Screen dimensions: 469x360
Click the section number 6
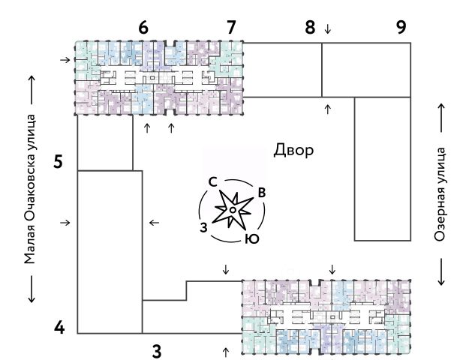pyautogui.click(x=143, y=28)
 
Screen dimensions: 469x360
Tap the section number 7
pyautogui.click(x=231, y=28)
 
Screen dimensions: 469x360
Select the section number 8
pyautogui.click(x=310, y=28)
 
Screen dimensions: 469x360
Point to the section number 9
pyautogui.click(x=401, y=28)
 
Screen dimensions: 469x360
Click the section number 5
pyautogui.click(x=58, y=161)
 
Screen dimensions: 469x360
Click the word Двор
pyautogui.click(x=293, y=150)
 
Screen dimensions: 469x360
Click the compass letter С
pyautogui.click(x=213, y=181)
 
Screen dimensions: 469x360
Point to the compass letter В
pyautogui.click(x=261, y=193)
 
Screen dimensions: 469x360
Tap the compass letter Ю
pyautogui.click(x=253, y=239)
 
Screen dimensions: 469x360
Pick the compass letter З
pyautogui.click(x=203, y=226)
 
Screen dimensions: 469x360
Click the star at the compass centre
pyautogui.click(x=233, y=211)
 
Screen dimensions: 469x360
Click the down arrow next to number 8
pyautogui.click(x=327, y=29)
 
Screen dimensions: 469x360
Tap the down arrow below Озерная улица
pyautogui.click(x=441, y=271)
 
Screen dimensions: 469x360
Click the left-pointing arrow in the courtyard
pyautogui.click(x=155, y=222)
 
